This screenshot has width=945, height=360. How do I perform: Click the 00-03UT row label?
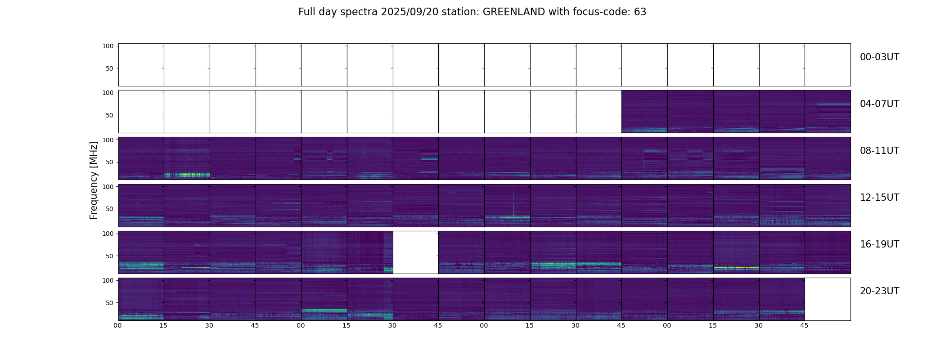(879, 57)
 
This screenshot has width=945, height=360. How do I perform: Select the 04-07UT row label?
(879, 104)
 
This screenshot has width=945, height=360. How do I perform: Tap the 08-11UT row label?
(879, 151)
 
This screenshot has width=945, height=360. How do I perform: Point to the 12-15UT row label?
(879, 198)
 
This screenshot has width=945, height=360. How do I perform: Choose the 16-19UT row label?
(879, 244)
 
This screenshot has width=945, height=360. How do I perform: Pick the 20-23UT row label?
(879, 291)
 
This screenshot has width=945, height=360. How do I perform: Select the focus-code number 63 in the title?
(640, 12)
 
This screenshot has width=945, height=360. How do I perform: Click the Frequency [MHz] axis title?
(94, 180)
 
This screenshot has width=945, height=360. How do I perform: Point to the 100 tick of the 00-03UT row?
(108, 46)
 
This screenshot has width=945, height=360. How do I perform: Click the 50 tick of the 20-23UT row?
(109, 303)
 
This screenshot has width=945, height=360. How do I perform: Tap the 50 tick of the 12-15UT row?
(109, 209)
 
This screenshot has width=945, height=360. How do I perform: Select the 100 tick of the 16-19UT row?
(108, 234)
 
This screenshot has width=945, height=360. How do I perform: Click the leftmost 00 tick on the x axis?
(118, 326)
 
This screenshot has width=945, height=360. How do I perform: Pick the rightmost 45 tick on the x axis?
(804, 326)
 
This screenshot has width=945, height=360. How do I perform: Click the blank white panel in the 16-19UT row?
(415, 252)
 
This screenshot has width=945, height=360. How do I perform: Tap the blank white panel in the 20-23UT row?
(827, 299)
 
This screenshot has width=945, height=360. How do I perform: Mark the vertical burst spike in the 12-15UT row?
(513, 205)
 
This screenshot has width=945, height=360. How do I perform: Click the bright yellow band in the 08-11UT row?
(187, 175)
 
